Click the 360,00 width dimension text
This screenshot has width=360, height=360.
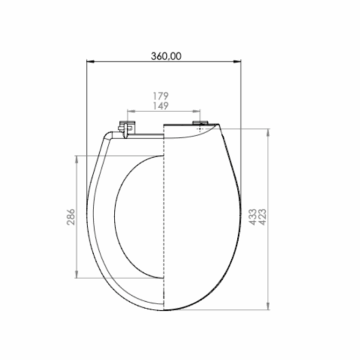tap(166, 56)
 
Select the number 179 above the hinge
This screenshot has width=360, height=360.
tap(161, 96)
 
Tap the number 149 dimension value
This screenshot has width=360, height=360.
tap(161, 106)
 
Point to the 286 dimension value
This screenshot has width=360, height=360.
tap(71, 217)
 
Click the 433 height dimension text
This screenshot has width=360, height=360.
tap(253, 217)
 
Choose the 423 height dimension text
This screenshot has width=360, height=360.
tap(262, 217)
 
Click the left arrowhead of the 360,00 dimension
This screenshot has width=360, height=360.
tap(91, 62)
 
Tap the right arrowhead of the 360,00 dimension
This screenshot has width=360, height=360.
tap(237, 62)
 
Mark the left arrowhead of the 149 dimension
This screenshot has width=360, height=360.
tap(131, 112)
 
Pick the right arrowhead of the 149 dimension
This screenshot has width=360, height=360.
tap(197, 112)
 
